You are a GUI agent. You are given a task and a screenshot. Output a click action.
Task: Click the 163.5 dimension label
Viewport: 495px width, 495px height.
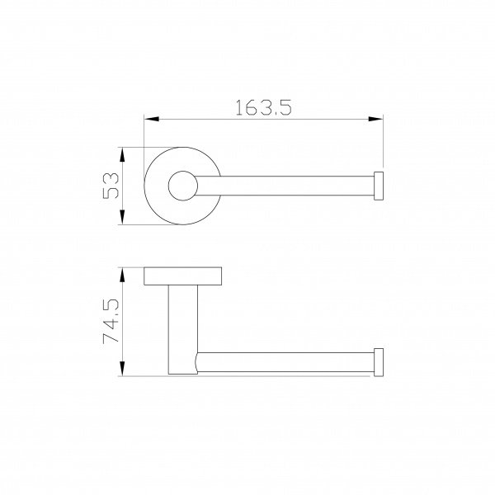[x=264, y=107]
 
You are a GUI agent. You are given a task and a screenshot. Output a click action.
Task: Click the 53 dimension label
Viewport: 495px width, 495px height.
[x=111, y=186]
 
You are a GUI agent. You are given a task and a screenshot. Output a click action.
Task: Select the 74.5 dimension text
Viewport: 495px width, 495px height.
[x=111, y=321]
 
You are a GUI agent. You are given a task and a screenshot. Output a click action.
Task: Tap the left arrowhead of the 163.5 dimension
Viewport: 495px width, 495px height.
[x=151, y=119]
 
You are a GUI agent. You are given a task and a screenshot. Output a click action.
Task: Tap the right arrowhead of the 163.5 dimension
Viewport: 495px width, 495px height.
[x=375, y=119]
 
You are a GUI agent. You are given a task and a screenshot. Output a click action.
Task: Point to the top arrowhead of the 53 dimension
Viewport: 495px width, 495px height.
[x=123, y=154]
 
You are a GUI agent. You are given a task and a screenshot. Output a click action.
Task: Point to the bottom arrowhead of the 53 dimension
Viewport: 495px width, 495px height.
[x=123, y=217]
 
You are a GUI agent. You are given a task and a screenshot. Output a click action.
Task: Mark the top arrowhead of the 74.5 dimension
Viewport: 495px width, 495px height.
[x=123, y=275]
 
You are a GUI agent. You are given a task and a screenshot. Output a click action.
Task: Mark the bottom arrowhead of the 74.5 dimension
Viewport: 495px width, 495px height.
[x=123, y=369]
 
